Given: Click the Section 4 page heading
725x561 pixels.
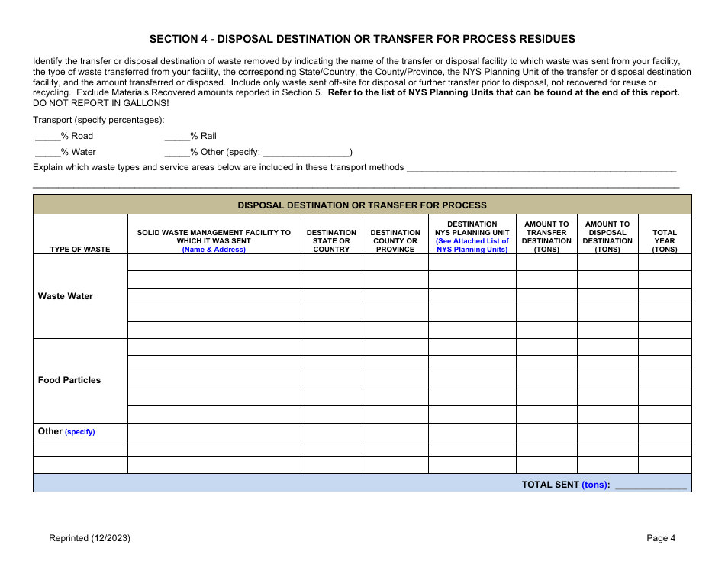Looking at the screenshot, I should click(x=362, y=39).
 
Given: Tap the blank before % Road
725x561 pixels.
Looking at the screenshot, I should click(x=47, y=137).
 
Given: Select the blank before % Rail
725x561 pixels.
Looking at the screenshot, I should click(x=176, y=137).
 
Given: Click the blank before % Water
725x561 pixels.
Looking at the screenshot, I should click(x=47, y=153).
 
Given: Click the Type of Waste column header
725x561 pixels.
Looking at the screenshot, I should click(x=80, y=250).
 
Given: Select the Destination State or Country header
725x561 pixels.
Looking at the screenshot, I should click(x=331, y=241).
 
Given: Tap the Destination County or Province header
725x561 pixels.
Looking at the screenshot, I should click(x=395, y=241).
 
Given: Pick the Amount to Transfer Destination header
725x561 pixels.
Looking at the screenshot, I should click(x=546, y=237).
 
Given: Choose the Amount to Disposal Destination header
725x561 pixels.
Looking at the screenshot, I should click(x=607, y=237).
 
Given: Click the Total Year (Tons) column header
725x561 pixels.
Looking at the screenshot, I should click(x=665, y=241).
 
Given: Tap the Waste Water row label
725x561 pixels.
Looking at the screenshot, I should click(x=66, y=296).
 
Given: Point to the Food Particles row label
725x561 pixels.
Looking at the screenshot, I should click(x=69, y=380).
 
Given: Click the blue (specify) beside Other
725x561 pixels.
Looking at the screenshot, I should click(x=80, y=432).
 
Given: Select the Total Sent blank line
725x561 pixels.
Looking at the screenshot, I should click(x=650, y=485).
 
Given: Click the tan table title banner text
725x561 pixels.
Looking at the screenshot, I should click(x=362, y=205).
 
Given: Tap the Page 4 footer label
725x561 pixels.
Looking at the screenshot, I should click(x=661, y=538).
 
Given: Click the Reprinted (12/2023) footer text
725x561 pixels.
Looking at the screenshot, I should click(x=89, y=538).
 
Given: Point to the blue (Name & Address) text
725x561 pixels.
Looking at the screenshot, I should click(x=214, y=250).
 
